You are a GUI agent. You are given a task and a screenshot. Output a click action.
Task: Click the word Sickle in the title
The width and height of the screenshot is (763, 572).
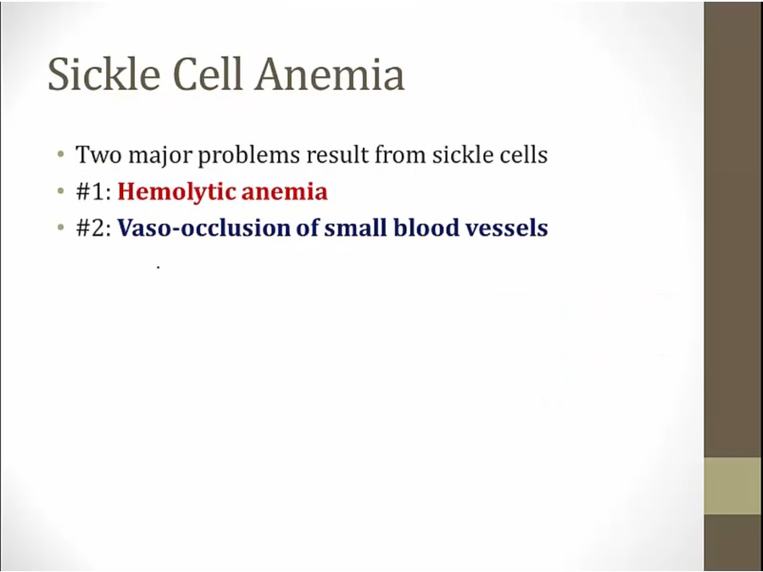pyautogui.click(x=103, y=74)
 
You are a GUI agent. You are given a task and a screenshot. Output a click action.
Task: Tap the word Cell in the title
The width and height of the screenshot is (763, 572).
pyautogui.click(x=208, y=74)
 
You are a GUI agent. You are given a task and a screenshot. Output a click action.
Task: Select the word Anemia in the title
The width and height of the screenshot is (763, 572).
pyautogui.click(x=330, y=74)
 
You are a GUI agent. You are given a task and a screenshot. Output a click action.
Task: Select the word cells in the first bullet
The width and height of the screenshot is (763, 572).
pyautogui.click(x=523, y=155)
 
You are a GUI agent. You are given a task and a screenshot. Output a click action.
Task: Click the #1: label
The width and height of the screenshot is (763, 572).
pyautogui.click(x=94, y=192)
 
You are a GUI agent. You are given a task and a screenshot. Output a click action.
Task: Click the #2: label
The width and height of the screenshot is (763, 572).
pyautogui.click(x=94, y=228)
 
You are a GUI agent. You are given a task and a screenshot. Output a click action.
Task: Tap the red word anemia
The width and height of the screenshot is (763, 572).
pyautogui.click(x=285, y=192)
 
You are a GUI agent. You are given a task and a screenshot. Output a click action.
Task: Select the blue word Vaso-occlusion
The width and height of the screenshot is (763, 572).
pyautogui.click(x=204, y=228)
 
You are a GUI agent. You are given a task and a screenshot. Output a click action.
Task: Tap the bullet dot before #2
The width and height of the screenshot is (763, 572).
pyautogui.click(x=60, y=227)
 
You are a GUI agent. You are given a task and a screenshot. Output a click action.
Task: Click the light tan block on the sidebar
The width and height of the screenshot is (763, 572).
pyautogui.click(x=733, y=486)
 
